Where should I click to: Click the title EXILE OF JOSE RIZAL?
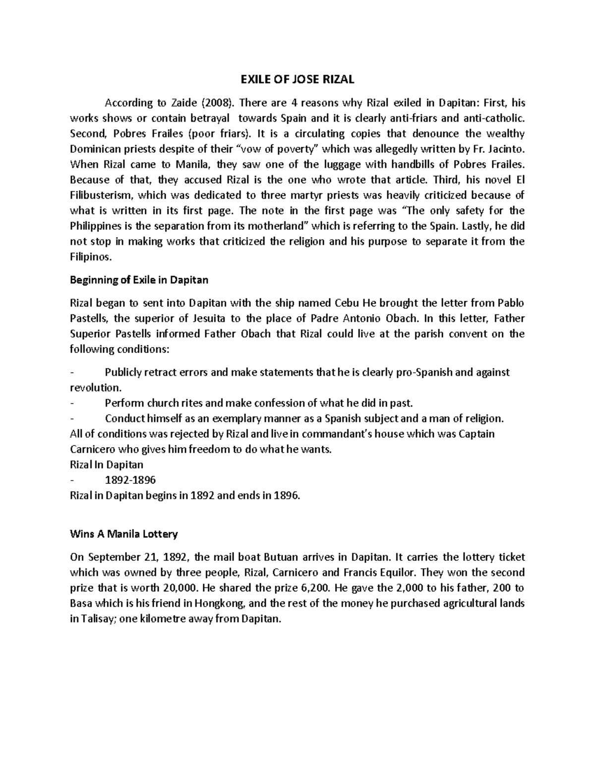point(297,80)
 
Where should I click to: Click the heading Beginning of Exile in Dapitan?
point(139,280)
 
